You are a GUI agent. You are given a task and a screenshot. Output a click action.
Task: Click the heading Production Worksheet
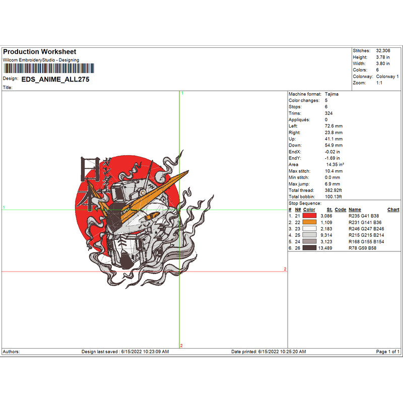coord(40,52)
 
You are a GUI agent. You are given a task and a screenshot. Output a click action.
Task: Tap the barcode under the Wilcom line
coord(49,69)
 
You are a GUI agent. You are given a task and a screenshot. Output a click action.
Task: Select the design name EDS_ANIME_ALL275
coord(55,80)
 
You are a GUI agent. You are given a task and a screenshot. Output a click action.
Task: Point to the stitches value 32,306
coord(383,51)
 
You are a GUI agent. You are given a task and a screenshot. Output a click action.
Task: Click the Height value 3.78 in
coord(383,57)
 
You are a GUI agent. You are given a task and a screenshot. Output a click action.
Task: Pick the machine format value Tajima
coord(331,94)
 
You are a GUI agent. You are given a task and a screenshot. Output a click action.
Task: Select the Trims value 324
coord(328,113)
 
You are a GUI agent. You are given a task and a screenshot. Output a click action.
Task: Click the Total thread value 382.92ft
coord(333,190)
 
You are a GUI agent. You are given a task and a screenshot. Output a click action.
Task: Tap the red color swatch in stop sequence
coord(309,216)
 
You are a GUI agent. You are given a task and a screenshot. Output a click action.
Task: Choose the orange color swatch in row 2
coord(309,222)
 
